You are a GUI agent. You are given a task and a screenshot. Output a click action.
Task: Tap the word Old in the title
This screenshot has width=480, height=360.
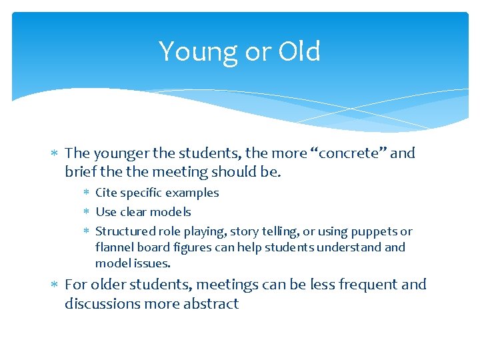pos(299,51)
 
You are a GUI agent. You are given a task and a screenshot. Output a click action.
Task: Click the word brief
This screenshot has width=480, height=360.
pos(81,172)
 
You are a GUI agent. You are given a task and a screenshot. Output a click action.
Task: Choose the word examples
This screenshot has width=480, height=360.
pos(193,193)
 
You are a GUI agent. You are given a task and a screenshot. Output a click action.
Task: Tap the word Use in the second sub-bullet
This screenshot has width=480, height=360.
pos(107,212)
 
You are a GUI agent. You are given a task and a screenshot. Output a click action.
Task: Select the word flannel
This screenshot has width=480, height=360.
pos(114,247)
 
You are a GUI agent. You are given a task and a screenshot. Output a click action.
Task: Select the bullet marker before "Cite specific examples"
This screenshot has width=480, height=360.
pos(87,193)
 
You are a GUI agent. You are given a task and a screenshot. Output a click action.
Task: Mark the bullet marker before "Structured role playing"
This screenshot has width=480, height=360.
pos(87,232)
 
